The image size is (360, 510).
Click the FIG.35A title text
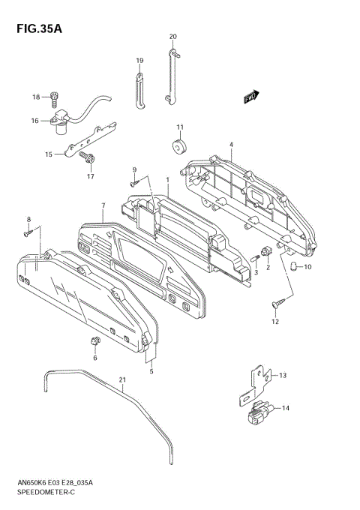point(39,28)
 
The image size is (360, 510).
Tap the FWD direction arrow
point(251,97)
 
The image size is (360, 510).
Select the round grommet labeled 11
point(179,146)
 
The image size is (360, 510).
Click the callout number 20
point(173,37)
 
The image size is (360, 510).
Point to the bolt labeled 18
point(54,98)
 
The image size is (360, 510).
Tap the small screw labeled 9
point(134,184)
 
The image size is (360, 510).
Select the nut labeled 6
point(94,341)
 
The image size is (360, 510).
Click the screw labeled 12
point(278,303)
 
